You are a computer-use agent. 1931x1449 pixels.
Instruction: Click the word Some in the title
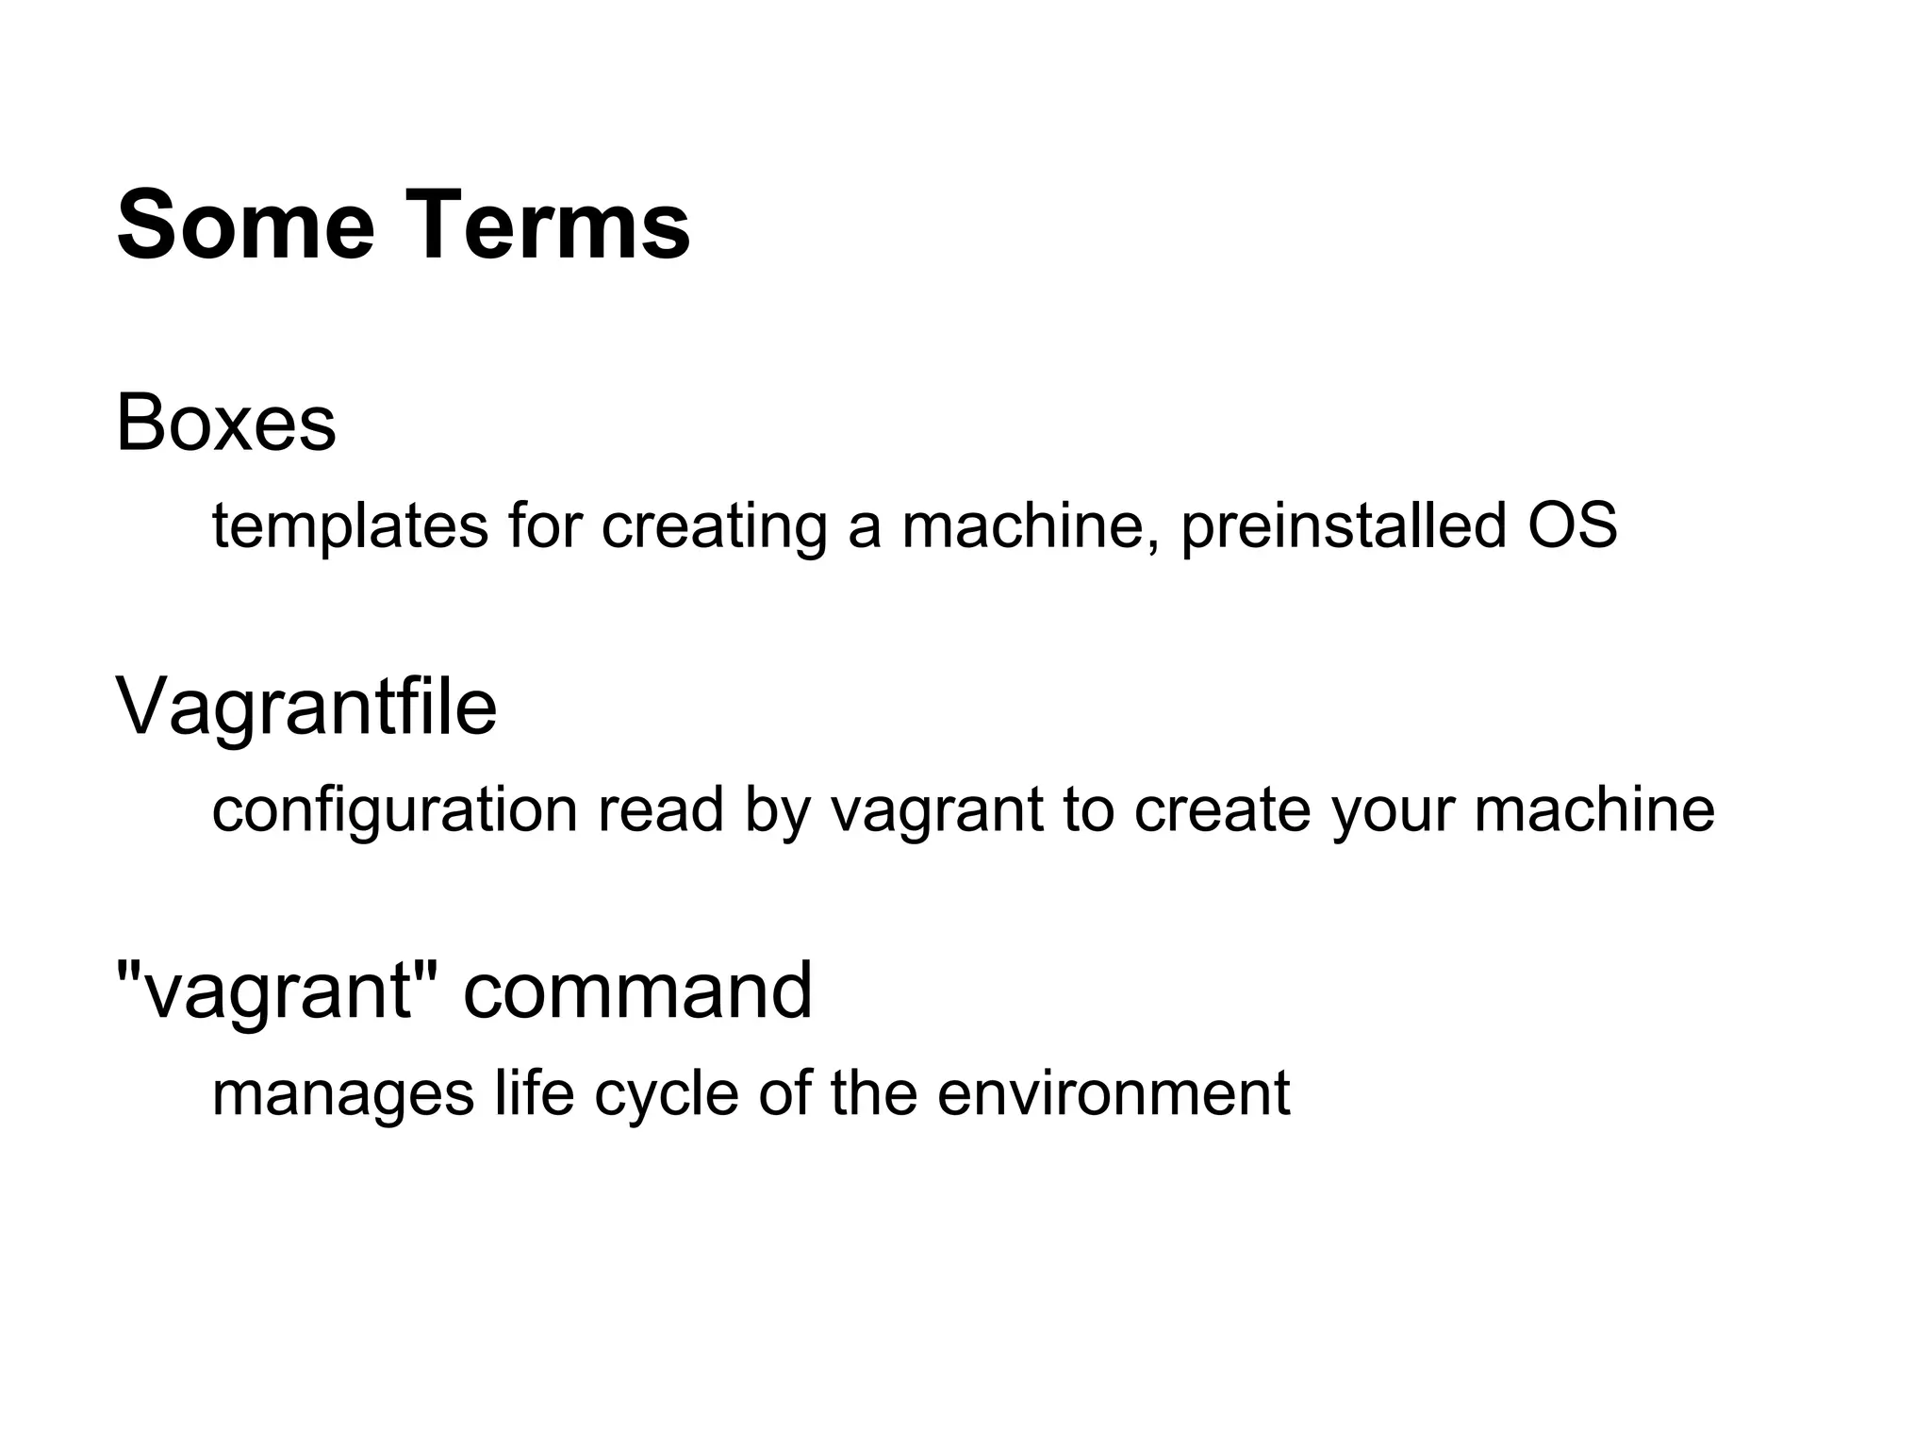point(246,226)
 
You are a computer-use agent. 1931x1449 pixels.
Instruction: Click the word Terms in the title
point(551,226)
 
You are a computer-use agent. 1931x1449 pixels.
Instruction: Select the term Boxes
point(226,424)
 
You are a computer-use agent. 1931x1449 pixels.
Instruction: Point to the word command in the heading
point(637,991)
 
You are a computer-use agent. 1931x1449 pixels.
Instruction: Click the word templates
point(350,526)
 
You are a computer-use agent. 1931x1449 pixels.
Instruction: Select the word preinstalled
point(1344,526)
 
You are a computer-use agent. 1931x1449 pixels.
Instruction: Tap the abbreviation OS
point(1573,526)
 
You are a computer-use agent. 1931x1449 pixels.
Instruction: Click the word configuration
point(394,810)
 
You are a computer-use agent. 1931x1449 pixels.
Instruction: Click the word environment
point(1114,1094)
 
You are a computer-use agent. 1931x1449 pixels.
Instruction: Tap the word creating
point(714,526)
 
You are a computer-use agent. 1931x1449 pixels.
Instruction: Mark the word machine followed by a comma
point(1032,526)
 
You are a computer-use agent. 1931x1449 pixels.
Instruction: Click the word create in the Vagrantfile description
point(1222,810)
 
